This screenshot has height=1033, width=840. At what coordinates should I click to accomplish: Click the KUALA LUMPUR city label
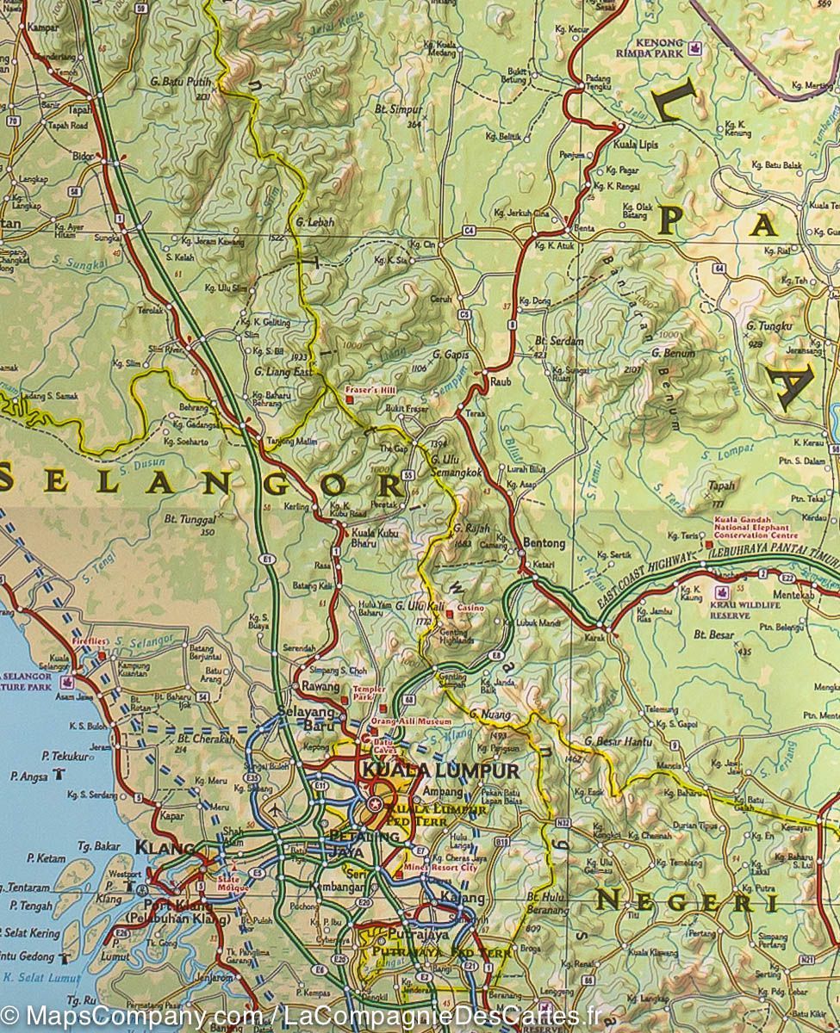point(440,770)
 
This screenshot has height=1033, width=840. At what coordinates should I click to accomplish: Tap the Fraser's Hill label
point(369,388)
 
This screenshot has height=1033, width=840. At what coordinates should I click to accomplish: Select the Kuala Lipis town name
point(635,145)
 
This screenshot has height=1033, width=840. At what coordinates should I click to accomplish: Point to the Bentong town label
point(544,543)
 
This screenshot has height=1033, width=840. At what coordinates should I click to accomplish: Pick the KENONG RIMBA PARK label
point(660,47)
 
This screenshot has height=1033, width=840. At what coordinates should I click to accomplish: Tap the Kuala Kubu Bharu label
point(375,537)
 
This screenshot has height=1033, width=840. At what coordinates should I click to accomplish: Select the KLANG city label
point(155,847)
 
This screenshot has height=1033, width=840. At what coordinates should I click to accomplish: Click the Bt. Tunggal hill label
point(189,520)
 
